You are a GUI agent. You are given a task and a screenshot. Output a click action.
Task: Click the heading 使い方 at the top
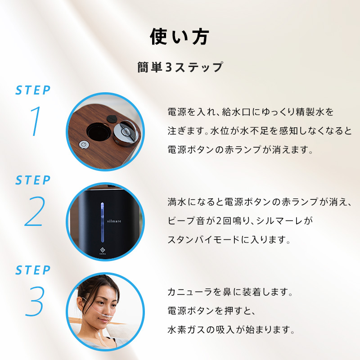180,37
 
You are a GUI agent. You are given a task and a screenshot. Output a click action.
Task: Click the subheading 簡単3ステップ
180,67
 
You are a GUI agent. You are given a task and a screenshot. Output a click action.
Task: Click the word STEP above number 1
33,90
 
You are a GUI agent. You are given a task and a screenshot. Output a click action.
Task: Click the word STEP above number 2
33,180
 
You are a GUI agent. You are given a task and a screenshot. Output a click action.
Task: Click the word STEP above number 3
33,270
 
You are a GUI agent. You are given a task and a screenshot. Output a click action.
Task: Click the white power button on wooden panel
83,144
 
